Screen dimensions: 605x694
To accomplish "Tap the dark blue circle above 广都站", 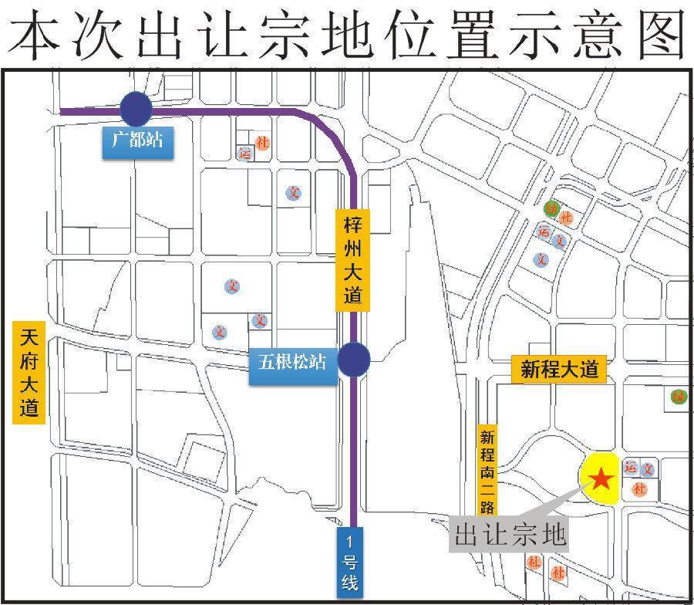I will click(x=136, y=109).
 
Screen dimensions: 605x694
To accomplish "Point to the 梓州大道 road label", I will click(x=353, y=261).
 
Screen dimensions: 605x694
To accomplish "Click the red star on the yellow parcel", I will click(x=601, y=480).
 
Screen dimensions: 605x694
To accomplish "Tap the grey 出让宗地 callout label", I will click(x=510, y=534).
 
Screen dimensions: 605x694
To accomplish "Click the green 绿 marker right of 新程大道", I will click(x=679, y=397).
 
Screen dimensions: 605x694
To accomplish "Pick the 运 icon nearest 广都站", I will click(x=246, y=153).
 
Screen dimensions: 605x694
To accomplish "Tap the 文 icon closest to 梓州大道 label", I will click(x=293, y=193).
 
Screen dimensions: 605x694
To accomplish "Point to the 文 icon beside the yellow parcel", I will click(x=649, y=468).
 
